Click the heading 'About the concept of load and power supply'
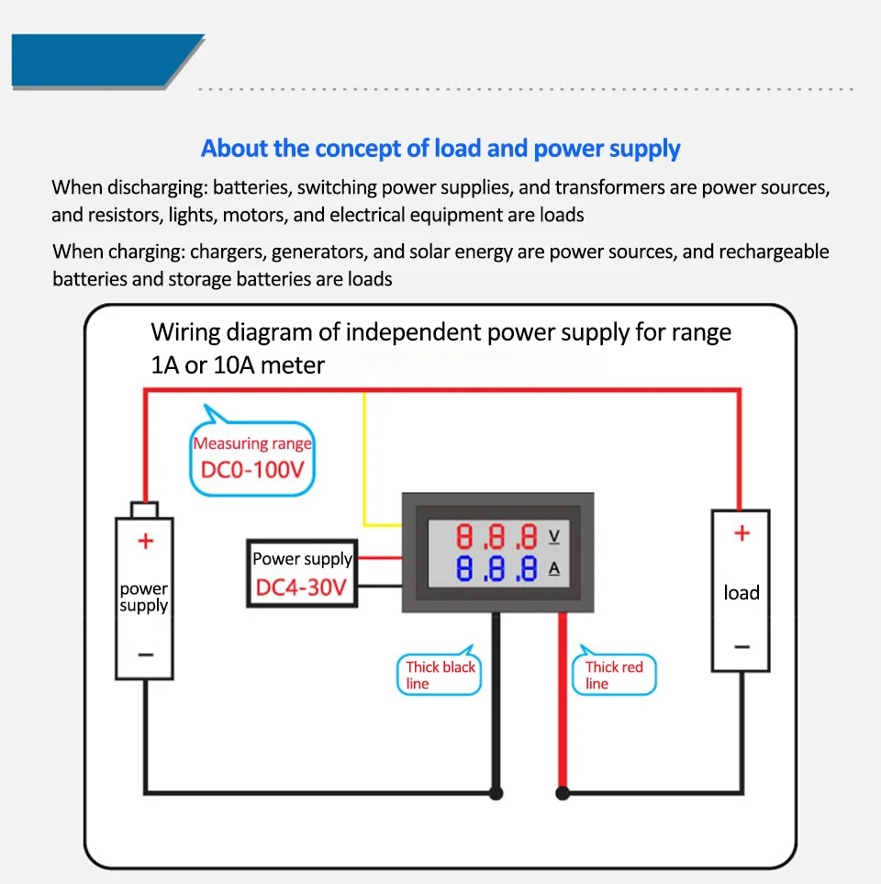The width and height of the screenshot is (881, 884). [x=440, y=149]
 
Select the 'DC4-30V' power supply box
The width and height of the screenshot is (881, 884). [x=302, y=573]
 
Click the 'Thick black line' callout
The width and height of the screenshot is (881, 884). [x=440, y=675]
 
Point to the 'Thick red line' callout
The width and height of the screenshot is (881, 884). [x=614, y=675]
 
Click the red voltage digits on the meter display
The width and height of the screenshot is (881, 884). [x=496, y=536]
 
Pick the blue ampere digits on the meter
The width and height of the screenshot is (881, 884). [x=496, y=569]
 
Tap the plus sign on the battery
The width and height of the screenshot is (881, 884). [x=145, y=542]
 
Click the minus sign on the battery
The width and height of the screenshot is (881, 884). [x=145, y=655]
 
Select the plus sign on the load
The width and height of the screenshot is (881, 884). [x=742, y=533]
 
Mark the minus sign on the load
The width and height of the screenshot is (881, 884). [x=742, y=647]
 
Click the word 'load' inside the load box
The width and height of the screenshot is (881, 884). [x=742, y=593]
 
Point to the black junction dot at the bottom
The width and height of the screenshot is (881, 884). [x=496, y=792]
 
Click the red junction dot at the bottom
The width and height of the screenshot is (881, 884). [x=563, y=792]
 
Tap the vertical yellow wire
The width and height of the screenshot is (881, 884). [x=365, y=459]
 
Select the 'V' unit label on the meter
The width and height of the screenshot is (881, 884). [x=553, y=535]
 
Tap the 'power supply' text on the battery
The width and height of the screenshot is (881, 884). [x=144, y=597]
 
